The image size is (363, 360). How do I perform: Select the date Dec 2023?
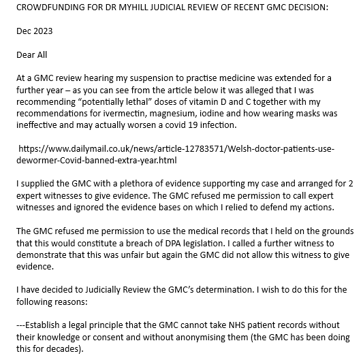tap(34, 31)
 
